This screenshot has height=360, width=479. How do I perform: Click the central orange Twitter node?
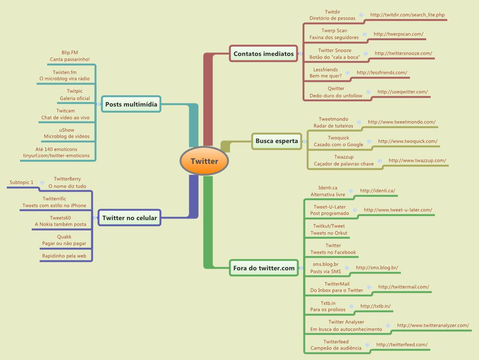click(x=204, y=161)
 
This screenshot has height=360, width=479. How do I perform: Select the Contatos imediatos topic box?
click(x=263, y=54)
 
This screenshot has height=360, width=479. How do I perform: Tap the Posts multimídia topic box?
click(x=131, y=104)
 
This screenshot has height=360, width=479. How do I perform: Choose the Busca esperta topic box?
click(x=277, y=141)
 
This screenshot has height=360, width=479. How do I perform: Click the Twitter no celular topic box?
click(x=129, y=218)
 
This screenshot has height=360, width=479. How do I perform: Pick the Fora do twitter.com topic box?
click(x=264, y=268)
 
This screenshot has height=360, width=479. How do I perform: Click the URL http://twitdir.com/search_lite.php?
click(x=407, y=15)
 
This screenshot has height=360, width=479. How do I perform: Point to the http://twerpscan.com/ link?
click(x=398, y=34)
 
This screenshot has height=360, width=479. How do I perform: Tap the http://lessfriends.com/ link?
click(x=382, y=72)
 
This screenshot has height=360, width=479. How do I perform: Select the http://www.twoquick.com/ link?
click(x=408, y=141)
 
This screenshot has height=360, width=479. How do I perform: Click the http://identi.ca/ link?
click(x=377, y=191)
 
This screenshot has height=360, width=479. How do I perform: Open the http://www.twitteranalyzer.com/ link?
click(x=433, y=325)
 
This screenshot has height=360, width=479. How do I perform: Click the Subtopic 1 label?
click(x=22, y=182)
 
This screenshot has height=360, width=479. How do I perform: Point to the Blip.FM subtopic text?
click(x=70, y=52)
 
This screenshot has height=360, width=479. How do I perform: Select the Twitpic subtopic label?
click(x=75, y=91)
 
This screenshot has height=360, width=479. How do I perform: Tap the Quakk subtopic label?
click(x=64, y=237)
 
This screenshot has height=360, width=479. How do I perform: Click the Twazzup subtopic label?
click(x=344, y=157)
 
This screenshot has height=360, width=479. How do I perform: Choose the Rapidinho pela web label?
click(x=64, y=256)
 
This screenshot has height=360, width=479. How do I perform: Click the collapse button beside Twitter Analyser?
click(x=388, y=325)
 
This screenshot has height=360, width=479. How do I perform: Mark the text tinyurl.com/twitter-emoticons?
click(x=56, y=155)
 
